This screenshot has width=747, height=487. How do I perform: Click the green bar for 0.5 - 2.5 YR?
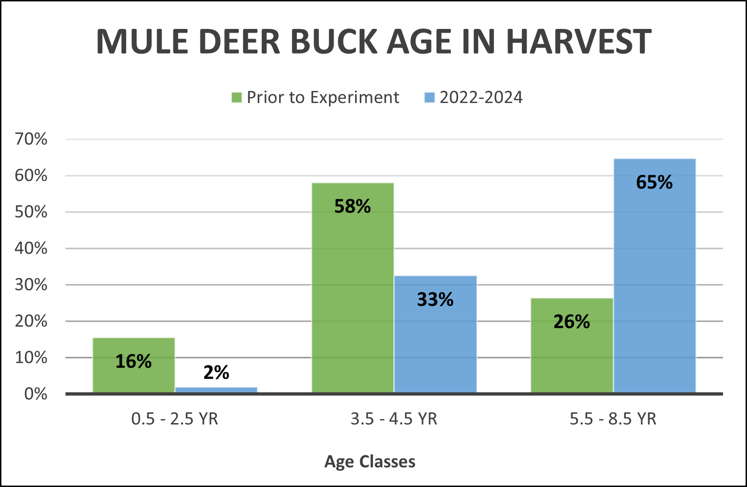tap(134, 378)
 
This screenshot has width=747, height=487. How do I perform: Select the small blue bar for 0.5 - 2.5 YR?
tap(217, 390)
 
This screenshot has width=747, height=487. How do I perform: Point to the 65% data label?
tap(654, 182)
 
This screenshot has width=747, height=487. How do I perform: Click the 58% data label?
tap(352, 207)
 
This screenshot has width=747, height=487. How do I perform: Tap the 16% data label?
tap(133, 362)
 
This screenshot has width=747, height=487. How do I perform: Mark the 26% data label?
tap(571, 322)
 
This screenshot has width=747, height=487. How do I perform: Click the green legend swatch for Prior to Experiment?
tap(237, 97)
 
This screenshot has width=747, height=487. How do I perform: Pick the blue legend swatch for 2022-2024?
tap(429, 97)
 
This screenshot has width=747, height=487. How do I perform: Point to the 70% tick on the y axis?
tap(31, 139)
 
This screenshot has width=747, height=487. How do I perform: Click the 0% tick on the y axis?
tap(35, 394)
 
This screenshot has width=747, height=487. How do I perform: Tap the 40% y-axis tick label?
tap(31, 248)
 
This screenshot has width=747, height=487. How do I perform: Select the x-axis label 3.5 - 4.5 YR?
tap(394, 419)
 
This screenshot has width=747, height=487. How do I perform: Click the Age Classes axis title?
tap(370, 462)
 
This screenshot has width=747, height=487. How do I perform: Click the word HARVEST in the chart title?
tap(579, 42)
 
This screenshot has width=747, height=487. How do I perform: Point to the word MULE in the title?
tap(142, 42)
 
